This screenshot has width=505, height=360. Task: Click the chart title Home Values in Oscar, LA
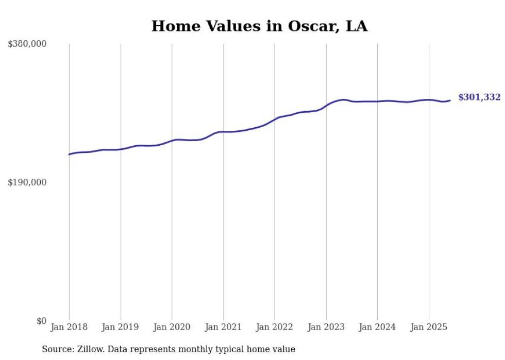[259, 26]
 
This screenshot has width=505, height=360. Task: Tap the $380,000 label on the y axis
[27, 44]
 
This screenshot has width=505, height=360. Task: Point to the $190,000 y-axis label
[27, 182]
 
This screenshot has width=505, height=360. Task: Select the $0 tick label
[41, 321]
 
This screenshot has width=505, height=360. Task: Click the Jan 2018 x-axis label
[69, 327]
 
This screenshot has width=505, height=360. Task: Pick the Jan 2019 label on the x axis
[121, 327]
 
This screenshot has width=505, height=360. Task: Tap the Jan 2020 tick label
[172, 327]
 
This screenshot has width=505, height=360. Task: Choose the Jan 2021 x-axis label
[223, 327]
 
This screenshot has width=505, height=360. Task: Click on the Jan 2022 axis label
[275, 327]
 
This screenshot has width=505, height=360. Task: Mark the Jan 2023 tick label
[326, 327]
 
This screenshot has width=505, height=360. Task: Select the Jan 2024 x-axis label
[377, 327]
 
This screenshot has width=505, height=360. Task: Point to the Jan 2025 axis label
[428, 327]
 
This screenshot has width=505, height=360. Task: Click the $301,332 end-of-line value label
[479, 97]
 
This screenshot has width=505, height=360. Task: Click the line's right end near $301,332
[450, 100]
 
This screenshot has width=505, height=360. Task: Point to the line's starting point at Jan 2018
[69, 155]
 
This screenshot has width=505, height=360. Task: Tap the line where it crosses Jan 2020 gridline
[172, 140]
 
